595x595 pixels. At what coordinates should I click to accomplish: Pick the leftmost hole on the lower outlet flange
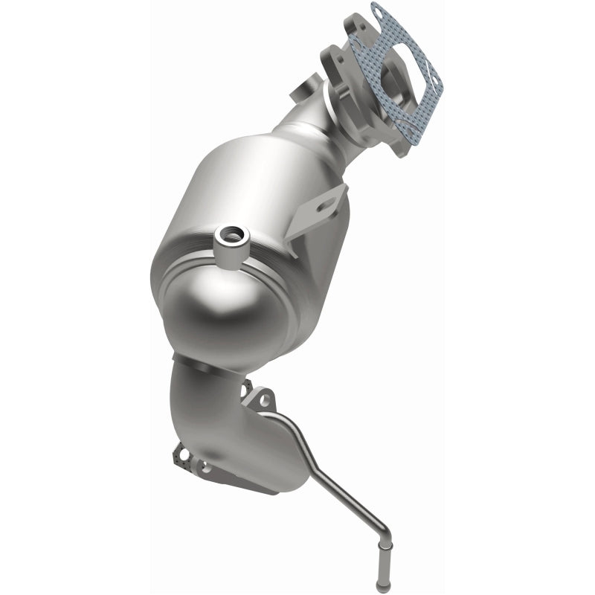[180, 451]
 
